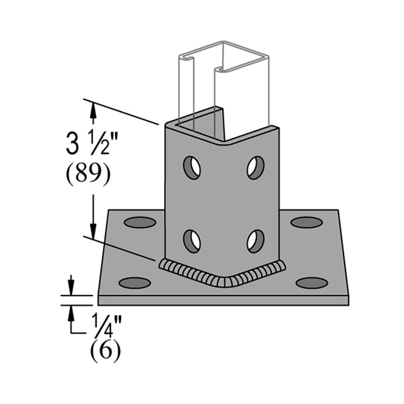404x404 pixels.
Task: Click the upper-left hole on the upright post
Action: (x=192, y=167)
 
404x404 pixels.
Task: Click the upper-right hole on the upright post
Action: (x=256, y=167)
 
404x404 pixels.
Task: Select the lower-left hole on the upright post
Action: (x=192, y=241)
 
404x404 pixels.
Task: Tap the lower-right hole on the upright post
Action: (x=256, y=241)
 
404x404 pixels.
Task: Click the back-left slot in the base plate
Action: (x=140, y=222)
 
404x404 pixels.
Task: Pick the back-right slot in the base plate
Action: (x=307, y=222)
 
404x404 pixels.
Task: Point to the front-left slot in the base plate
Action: (x=134, y=283)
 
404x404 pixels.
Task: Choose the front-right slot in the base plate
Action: (x=312, y=283)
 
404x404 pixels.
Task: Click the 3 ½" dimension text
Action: (x=88, y=144)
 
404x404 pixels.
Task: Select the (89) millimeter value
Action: (x=88, y=175)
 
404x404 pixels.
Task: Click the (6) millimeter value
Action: (x=105, y=351)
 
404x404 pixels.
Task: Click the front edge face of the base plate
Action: (x=223, y=300)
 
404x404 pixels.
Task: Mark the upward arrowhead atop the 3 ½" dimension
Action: (x=94, y=109)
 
